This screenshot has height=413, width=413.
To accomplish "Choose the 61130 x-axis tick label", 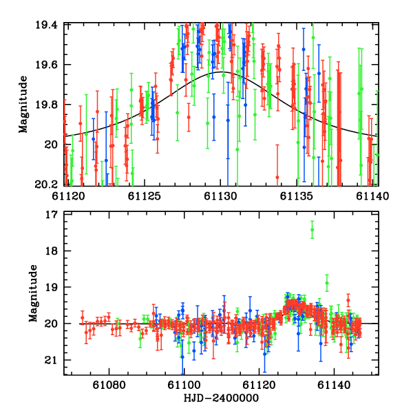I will pyautogui.click(x=222, y=196).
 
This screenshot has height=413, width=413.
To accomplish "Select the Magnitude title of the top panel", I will pyautogui.click(x=23, y=105).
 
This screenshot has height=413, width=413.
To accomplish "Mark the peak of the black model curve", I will pyautogui.click(x=222, y=72).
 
